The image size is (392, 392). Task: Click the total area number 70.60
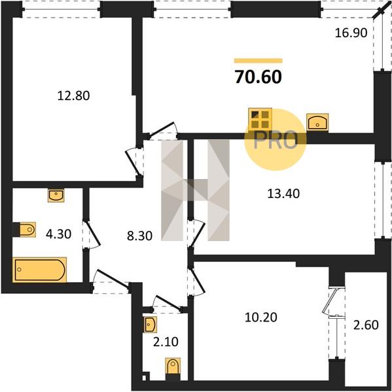[258, 76]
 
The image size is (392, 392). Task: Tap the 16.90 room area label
[351, 33]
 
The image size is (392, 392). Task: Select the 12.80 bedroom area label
[73, 96]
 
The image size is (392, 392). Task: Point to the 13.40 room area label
[283, 194]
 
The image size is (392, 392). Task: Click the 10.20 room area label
[260, 318]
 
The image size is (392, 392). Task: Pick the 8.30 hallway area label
[139, 236]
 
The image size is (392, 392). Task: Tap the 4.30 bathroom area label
[59, 235]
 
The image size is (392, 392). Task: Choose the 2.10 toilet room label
[166, 342]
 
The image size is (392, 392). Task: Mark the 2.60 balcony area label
[366, 325]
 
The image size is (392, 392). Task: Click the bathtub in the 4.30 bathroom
[39, 270]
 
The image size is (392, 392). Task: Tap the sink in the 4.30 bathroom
[56, 195]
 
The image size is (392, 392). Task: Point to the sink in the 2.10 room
[150, 325]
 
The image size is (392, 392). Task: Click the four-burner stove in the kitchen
[260, 120]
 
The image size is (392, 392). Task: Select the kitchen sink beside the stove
[317, 122]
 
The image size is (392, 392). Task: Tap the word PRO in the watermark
[276, 140]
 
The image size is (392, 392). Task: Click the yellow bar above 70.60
[258, 61]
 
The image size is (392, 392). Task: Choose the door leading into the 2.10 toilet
[168, 303]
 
